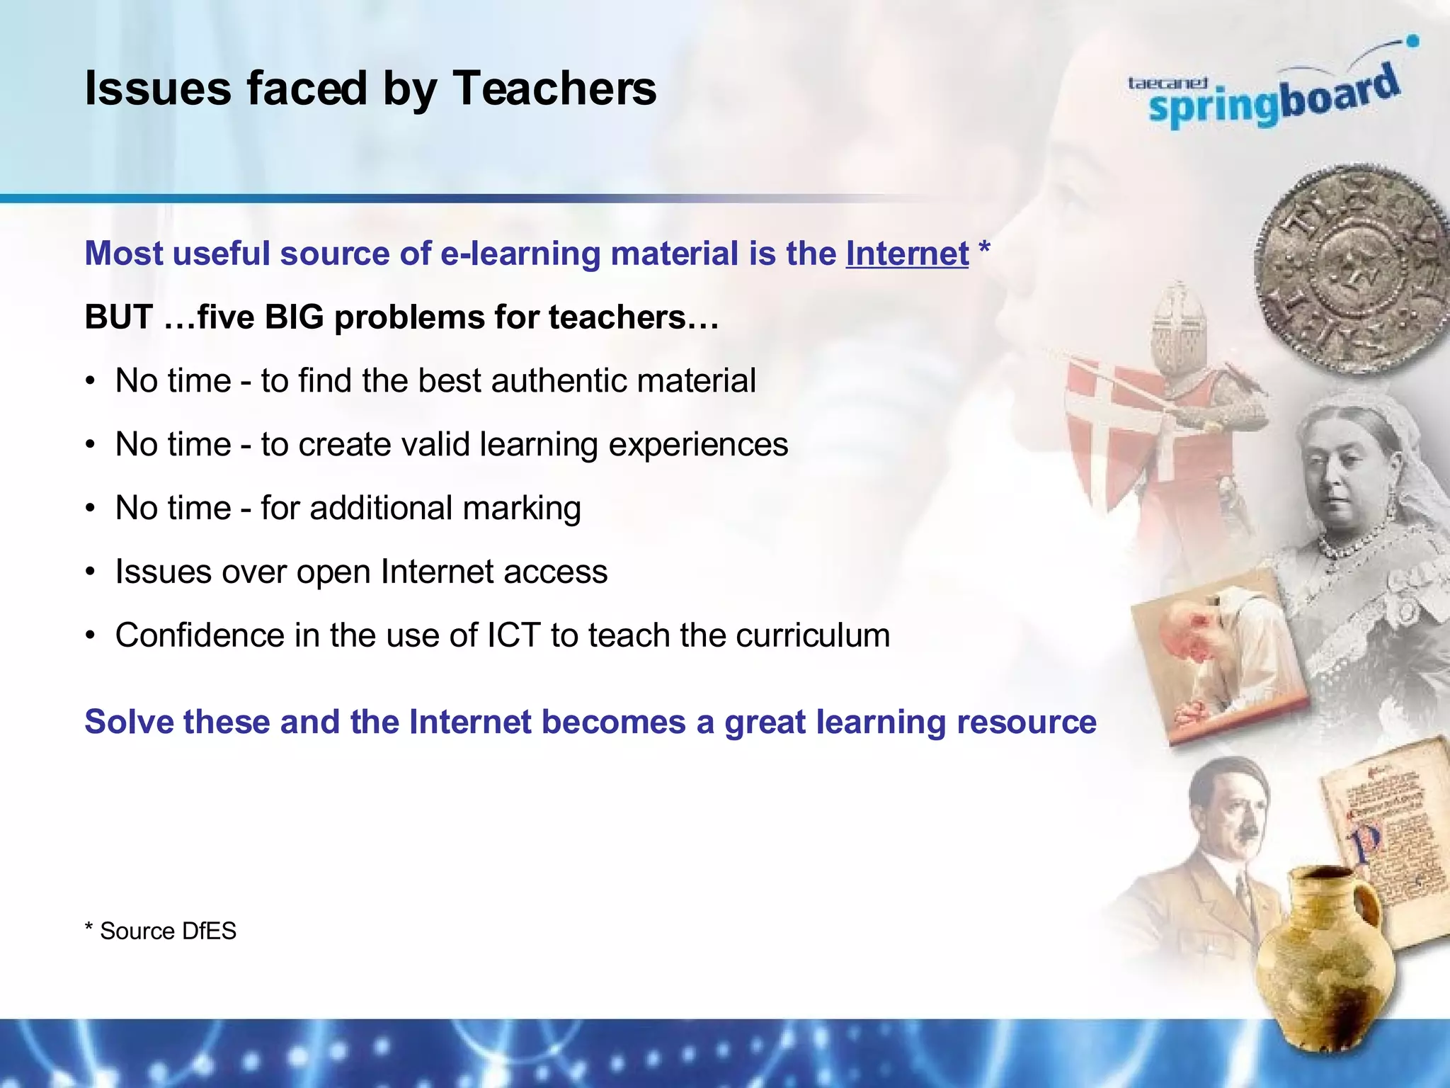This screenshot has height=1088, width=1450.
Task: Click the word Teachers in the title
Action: coord(554,89)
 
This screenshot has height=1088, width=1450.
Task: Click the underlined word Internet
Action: coord(907,254)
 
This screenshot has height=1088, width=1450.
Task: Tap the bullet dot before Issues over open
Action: coord(90,572)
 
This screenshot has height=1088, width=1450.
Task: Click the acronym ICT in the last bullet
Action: coord(514,635)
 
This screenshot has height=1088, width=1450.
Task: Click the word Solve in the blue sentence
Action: coord(128,722)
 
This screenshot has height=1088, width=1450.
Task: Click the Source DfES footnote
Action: coord(161,931)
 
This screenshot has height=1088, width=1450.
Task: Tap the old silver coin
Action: coord(1351,269)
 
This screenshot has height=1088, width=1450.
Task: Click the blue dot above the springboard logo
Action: coord(1412,41)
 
